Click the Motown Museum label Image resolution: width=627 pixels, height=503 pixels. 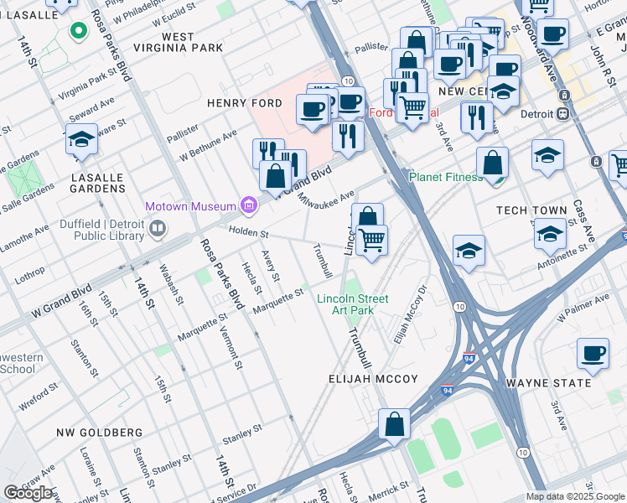click(191, 205)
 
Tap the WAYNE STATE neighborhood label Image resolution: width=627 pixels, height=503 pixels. click(548, 383)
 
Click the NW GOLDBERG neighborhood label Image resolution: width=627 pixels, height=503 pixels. click(99, 433)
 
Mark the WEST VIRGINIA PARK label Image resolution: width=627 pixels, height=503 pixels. click(192, 43)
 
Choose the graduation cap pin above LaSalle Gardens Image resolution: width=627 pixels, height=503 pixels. click(82, 139)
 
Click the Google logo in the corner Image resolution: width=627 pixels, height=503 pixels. click(28, 493)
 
